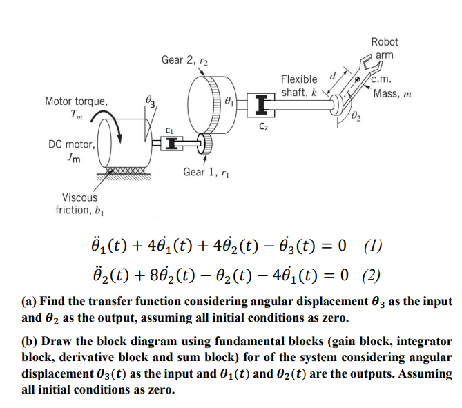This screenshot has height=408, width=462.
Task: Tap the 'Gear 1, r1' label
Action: click(x=207, y=171)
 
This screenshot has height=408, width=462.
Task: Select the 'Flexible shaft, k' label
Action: click(x=299, y=86)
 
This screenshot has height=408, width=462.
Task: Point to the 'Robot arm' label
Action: click(x=384, y=48)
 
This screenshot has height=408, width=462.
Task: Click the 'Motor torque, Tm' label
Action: click(x=76, y=108)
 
